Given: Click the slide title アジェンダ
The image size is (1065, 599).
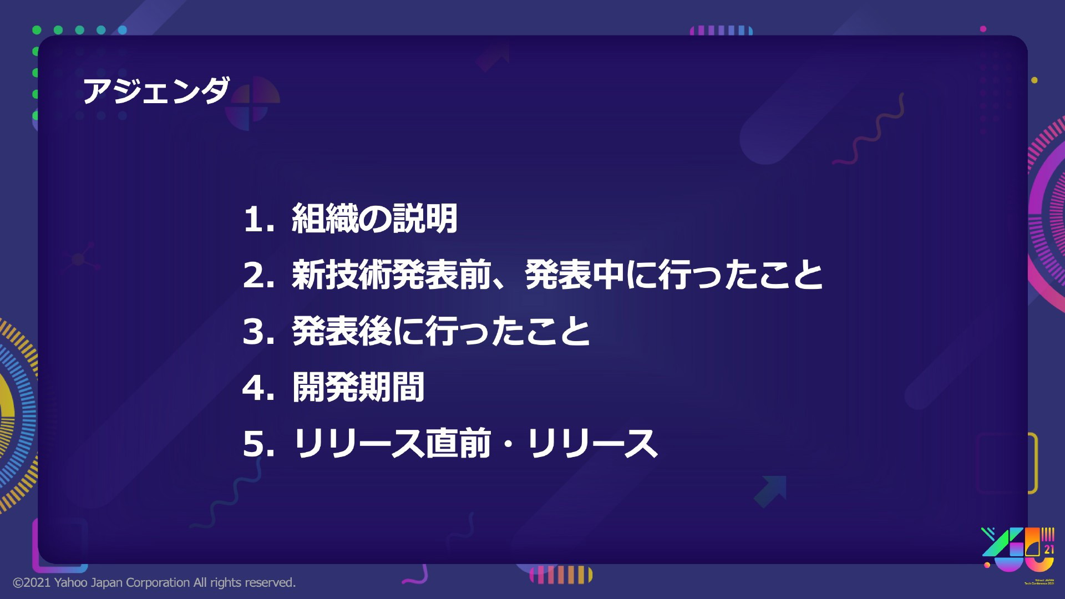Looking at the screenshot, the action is tap(156, 90).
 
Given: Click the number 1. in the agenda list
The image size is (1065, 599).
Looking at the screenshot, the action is tap(259, 219).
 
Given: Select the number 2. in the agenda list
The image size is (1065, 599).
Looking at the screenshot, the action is tap(259, 275).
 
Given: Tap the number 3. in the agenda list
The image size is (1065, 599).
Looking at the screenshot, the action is tap(259, 332).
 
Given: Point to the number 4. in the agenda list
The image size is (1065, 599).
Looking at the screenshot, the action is tap(259, 388).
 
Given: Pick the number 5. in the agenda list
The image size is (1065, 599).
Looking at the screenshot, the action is tap(259, 444).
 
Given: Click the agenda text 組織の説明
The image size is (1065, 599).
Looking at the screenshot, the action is tap(375, 218).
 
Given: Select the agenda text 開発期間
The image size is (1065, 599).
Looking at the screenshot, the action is tap(358, 387).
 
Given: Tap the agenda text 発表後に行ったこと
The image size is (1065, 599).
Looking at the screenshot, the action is tap(441, 331).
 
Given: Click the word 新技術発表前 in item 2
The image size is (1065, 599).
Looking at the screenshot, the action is tap(392, 275).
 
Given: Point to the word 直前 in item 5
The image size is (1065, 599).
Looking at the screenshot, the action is tap(458, 443).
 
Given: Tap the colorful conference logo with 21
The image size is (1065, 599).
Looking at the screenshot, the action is tap(1018, 550).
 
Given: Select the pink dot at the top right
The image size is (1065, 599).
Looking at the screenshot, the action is tap(983, 29).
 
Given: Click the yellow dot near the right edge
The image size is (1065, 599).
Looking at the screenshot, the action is tap(1034, 80).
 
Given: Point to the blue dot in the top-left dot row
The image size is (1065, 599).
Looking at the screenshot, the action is tap(123, 30).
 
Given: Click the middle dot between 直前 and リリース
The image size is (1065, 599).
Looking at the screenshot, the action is tap(508, 444).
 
